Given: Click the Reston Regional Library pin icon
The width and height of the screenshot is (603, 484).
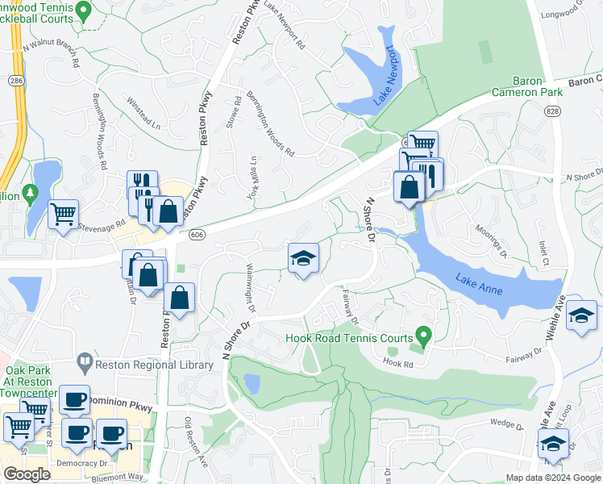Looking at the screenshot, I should (84, 361).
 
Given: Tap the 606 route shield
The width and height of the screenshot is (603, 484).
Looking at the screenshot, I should (196, 234).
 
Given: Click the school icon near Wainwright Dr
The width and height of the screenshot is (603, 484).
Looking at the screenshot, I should (303, 258).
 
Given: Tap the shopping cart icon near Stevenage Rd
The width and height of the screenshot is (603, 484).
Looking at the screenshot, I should (62, 215).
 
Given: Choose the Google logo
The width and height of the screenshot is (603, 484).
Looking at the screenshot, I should (27, 474).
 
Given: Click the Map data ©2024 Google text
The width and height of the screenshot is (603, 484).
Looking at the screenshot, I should (552, 478).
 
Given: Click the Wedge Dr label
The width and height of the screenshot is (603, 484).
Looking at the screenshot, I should (507, 422).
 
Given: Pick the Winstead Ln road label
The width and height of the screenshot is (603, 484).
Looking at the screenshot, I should (144, 115).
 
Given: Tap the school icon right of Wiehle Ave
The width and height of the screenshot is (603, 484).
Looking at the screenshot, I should (580, 315).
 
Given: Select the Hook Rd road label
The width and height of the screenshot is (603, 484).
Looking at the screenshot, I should (397, 363).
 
